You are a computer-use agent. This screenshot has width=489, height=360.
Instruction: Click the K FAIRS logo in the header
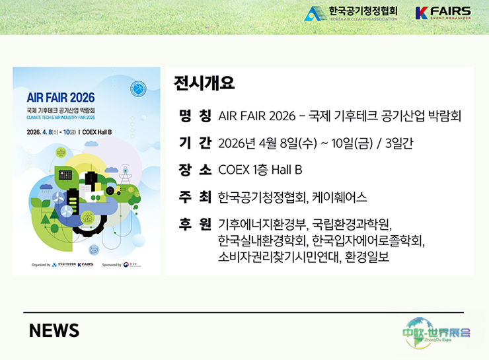tap(443, 13)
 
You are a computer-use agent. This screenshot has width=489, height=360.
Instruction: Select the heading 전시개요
tap(204, 84)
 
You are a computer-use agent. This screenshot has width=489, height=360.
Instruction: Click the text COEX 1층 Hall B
tap(260, 170)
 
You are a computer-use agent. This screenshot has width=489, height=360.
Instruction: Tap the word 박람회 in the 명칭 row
tap(444, 116)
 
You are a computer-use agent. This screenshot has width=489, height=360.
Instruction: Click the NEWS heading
tap(54, 330)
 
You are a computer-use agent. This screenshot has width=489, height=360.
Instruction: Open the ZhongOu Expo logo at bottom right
tap(437, 331)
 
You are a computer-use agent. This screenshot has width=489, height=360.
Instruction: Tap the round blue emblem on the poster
tap(138, 88)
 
